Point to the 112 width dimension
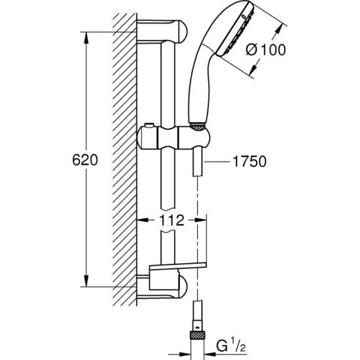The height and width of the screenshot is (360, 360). click(171, 221)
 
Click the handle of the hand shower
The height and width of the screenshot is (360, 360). click(197, 85)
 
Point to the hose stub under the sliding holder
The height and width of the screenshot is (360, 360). click(197, 164)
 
